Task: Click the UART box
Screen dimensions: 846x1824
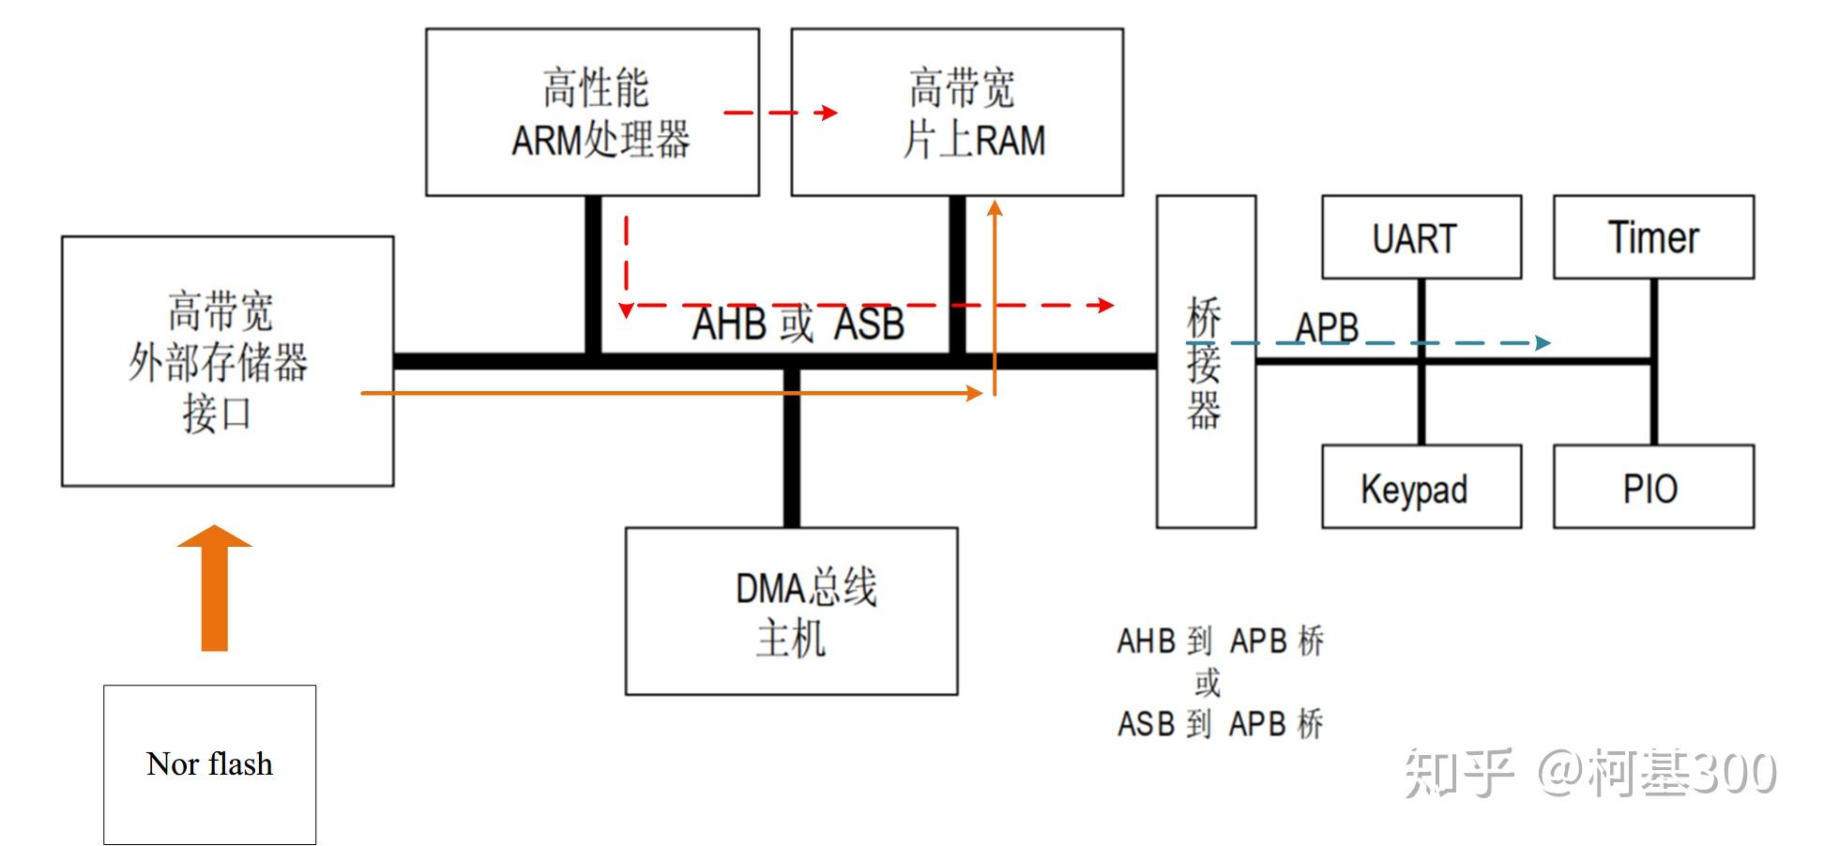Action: point(1421,237)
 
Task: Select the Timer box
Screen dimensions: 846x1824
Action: point(1653,237)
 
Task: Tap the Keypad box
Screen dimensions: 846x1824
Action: point(1421,487)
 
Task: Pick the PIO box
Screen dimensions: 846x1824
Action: point(1653,487)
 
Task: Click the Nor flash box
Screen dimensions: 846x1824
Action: point(209,764)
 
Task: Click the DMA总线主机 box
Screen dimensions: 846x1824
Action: point(791,611)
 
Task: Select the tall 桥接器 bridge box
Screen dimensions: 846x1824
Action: point(1205,362)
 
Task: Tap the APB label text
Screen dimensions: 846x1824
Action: point(1327,327)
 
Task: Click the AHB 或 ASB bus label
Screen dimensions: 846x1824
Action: point(798,325)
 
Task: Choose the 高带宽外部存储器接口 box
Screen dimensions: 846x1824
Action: point(227,361)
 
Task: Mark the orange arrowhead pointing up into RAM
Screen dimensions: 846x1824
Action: point(995,208)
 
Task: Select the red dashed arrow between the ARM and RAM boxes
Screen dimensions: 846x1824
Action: point(779,113)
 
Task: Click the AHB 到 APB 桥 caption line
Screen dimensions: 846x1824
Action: point(1220,642)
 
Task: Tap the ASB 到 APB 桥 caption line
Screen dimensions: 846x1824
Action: point(1220,724)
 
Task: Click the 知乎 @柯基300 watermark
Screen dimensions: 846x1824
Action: point(1589,773)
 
